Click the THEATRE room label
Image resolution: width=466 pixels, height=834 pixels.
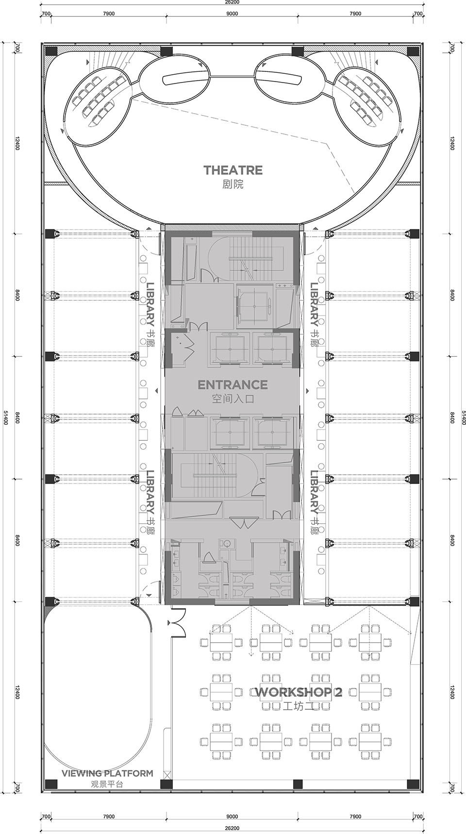233,170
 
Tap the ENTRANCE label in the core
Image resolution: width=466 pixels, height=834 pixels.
233,385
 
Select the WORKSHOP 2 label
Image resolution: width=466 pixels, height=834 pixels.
298,692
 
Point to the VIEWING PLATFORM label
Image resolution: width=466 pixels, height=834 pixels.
107,773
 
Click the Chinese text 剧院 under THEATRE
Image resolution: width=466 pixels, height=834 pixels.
233,184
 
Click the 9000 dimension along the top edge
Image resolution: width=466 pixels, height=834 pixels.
232,14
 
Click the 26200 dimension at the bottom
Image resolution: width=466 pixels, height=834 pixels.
232,828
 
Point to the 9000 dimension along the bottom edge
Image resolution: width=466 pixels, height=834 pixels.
232,817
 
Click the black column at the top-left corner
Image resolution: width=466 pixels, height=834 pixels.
51,51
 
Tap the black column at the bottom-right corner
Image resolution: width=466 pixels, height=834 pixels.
414,784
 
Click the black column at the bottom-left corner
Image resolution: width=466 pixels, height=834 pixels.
51,784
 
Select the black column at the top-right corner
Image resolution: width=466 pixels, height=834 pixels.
414,51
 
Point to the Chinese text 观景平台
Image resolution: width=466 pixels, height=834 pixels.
107,784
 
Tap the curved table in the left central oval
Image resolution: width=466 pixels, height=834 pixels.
184,78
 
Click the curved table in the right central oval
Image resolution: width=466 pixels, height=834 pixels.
281,78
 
